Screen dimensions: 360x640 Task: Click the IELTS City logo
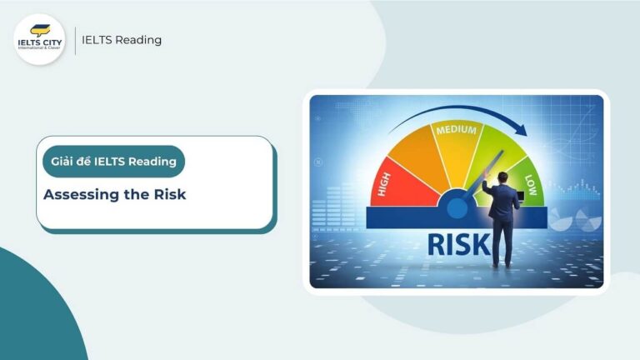(40, 39)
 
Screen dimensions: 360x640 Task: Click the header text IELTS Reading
(122, 40)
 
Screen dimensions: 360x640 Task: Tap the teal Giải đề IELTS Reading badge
(113, 162)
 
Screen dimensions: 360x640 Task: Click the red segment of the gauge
(400, 179)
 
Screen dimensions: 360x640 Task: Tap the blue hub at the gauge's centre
(456, 204)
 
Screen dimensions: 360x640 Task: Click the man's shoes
(503, 265)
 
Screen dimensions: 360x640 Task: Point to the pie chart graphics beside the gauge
(576, 219)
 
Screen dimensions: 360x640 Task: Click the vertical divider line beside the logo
(75, 40)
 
